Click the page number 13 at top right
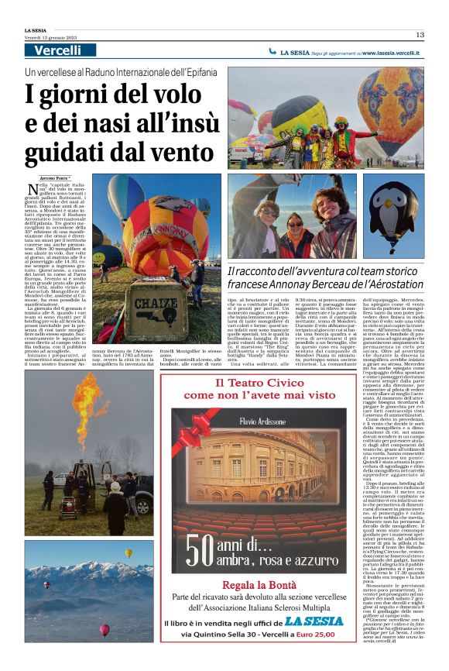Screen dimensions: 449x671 tap(420, 35)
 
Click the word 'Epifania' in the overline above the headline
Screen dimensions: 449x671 tap(192, 71)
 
